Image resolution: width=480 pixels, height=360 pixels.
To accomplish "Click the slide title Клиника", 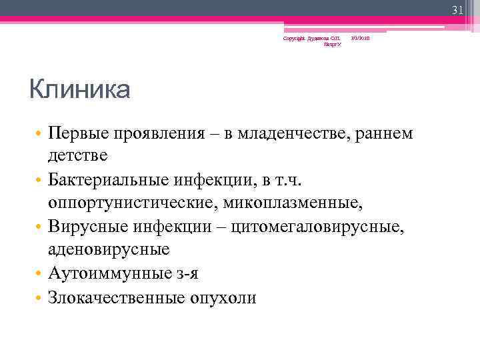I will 79,89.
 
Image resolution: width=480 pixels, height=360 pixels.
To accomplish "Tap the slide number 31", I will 457,10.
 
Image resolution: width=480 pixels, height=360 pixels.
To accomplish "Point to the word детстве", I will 77,155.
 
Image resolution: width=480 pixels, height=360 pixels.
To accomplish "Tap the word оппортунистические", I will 135,201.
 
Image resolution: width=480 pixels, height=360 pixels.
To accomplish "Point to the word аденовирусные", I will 109,249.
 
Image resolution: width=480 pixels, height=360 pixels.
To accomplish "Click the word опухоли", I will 223,298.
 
